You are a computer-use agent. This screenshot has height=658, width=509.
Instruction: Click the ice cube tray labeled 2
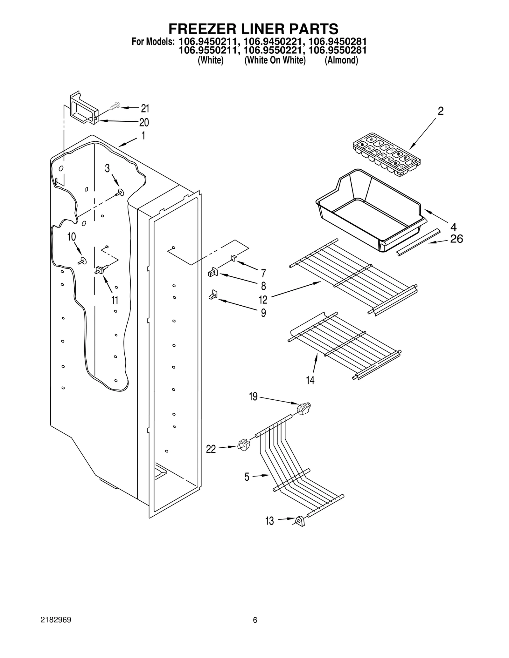click(386, 154)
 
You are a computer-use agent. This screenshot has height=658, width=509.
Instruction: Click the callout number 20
click(144, 122)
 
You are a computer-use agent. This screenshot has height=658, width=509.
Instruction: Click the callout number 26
click(456, 239)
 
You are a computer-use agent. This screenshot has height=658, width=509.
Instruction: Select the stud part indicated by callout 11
click(101, 270)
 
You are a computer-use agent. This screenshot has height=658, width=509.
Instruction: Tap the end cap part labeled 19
click(304, 408)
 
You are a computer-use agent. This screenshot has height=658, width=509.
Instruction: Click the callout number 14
click(310, 380)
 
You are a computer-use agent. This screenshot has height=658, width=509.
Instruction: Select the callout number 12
click(263, 300)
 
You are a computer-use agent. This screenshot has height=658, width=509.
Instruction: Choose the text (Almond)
click(341, 60)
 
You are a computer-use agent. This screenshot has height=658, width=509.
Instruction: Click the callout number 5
click(247, 477)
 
